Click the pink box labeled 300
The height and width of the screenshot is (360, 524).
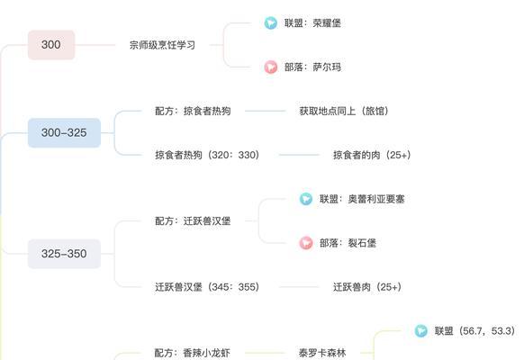pos(51,45)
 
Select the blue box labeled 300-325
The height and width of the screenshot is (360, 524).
pos(64,132)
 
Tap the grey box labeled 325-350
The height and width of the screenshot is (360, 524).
pos(64,254)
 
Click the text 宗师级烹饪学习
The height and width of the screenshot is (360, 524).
pos(162,45)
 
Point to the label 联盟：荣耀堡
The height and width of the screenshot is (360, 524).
pos(312,23)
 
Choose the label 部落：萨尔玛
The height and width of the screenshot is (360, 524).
pos(312,67)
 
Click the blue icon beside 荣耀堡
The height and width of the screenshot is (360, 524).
pos(271,23)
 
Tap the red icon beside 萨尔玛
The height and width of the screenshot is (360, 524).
pos(271,67)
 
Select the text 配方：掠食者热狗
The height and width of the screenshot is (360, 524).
pos(193,111)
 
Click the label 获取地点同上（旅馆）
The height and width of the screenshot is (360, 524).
pos(344,111)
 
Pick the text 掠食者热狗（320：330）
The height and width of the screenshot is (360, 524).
pos(207,155)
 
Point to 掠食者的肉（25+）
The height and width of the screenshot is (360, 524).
pos(372,155)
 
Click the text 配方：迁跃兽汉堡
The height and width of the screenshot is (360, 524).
pos(193,220)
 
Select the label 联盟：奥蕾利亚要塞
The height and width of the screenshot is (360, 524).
pos(362,199)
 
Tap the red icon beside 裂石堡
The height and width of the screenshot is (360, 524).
pos(306,243)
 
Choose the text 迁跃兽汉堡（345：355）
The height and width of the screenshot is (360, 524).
pos(207,287)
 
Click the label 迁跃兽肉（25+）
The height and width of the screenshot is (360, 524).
pos(367,287)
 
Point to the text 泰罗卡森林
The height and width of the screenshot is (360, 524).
pos(322,353)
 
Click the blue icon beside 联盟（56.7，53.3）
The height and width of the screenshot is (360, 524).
pos(421,331)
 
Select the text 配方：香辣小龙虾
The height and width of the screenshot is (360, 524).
pos(192,353)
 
